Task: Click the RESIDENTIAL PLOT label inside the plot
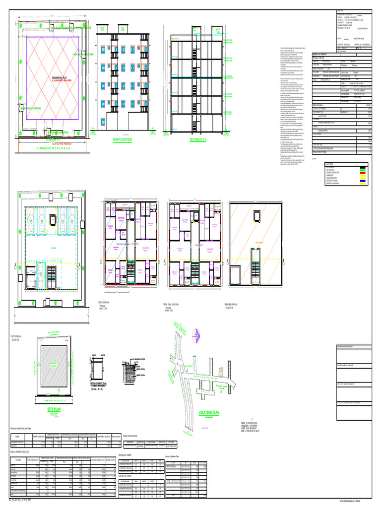(x=60, y=78)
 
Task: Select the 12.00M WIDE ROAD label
(x=53, y=147)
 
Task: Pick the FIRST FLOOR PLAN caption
(x=107, y=304)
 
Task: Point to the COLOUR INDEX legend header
(x=329, y=163)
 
